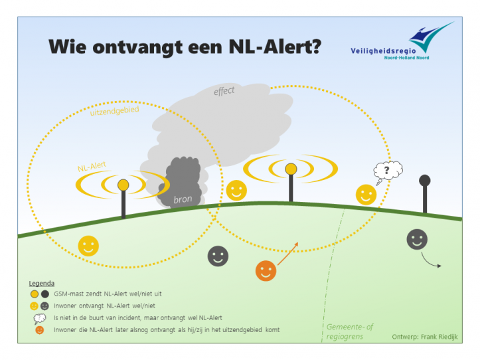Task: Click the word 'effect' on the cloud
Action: tap(224, 91)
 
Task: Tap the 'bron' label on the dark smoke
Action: tap(183, 199)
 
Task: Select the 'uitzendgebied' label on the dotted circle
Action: tap(114, 111)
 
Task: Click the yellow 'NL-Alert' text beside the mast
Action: tap(92, 166)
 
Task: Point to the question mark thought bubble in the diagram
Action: tap(388, 172)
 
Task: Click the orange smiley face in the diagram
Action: tap(266, 271)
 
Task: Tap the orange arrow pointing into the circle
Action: tap(287, 254)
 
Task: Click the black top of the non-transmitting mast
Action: tap(425, 181)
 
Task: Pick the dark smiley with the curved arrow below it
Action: tap(417, 239)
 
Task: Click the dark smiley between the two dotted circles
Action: tap(218, 256)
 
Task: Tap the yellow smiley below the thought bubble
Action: tap(366, 195)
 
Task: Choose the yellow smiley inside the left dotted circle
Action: tap(88, 246)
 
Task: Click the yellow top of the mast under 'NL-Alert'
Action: tap(123, 185)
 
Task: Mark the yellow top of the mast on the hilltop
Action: tap(291, 169)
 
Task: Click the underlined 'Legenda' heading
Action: tap(42, 284)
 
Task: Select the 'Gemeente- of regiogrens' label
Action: tap(350, 331)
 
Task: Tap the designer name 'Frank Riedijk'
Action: tap(440, 337)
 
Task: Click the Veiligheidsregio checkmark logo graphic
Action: tap(430, 36)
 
